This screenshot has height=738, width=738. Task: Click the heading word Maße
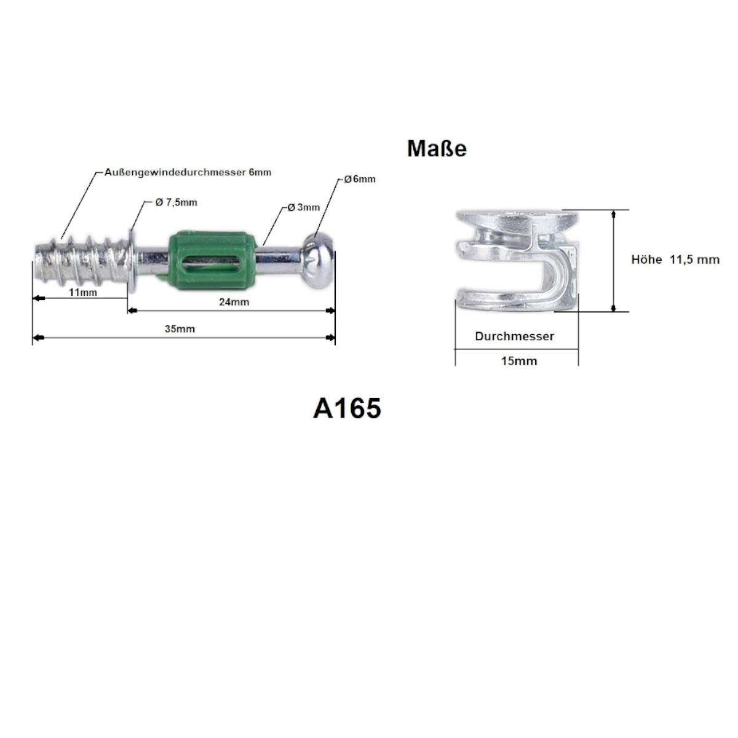coord(437,149)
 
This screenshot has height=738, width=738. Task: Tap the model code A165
coord(347,408)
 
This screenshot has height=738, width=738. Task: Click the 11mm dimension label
coord(83,293)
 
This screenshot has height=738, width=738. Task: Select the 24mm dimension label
coord(234,302)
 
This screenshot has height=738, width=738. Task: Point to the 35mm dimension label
coord(180,329)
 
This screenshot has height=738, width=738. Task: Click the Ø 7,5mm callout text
coord(176,202)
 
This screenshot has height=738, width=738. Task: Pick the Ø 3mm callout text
coord(303,207)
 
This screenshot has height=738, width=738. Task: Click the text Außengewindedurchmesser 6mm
coord(188,172)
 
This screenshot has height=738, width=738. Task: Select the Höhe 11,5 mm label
coord(675,260)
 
